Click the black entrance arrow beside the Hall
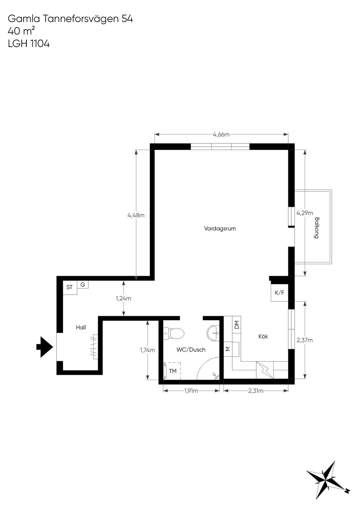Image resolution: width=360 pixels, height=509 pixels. pyautogui.click(x=45, y=347)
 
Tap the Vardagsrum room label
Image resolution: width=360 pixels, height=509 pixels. pyautogui.click(x=220, y=228)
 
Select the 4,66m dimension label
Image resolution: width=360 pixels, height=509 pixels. pyautogui.click(x=221, y=135)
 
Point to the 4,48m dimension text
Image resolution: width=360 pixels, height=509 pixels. pyautogui.click(x=136, y=215)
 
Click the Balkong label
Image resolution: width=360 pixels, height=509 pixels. pyautogui.click(x=316, y=228)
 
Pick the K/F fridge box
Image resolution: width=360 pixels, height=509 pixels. pyautogui.click(x=279, y=293)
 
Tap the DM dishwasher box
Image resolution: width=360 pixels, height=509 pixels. pyautogui.click(x=237, y=325)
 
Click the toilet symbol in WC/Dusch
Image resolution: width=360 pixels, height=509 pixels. pyautogui.click(x=174, y=333)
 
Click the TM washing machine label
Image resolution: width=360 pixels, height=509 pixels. pyautogui.click(x=173, y=371)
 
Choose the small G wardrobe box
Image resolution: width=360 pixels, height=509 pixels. pyautogui.click(x=83, y=285)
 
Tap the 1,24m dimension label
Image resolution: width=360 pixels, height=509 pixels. pyautogui.click(x=123, y=298)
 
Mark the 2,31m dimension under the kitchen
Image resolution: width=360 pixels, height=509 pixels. pyautogui.click(x=256, y=391)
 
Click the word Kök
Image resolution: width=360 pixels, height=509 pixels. pyautogui.click(x=263, y=336)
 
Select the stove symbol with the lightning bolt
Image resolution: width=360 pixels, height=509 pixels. pyautogui.click(x=265, y=370)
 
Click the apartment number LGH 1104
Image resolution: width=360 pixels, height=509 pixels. pyautogui.click(x=29, y=44)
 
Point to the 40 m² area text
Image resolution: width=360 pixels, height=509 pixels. pyautogui.click(x=21, y=31)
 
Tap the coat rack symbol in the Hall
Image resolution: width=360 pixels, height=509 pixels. pyautogui.click(x=95, y=346)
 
